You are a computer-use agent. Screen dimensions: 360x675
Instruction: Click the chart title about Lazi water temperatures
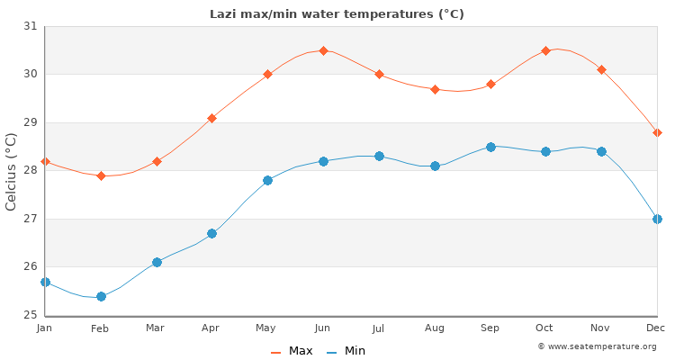click(337, 13)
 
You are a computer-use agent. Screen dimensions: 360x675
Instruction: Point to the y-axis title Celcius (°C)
click(11, 171)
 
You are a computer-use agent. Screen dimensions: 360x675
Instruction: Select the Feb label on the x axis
click(100, 328)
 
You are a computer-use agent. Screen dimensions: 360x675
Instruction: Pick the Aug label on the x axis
click(435, 328)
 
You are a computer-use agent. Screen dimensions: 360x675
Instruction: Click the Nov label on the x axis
click(601, 328)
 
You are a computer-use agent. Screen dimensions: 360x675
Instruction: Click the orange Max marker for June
click(323, 50)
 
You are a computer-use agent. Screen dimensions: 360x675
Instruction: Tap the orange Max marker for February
click(101, 175)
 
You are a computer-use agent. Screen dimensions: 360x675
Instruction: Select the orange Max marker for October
click(545, 50)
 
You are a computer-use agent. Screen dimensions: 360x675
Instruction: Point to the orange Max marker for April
click(211, 118)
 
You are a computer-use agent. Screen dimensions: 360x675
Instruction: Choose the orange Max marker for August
click(435, 89)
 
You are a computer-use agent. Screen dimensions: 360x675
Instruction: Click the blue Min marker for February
click(101, 296)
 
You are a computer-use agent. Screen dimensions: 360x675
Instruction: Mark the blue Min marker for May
click(267, 180)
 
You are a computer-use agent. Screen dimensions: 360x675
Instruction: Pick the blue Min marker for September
click(490, 147)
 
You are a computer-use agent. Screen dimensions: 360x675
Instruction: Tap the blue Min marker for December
click(657, 219)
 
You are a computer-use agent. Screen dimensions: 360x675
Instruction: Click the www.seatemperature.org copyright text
click(597, 346)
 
